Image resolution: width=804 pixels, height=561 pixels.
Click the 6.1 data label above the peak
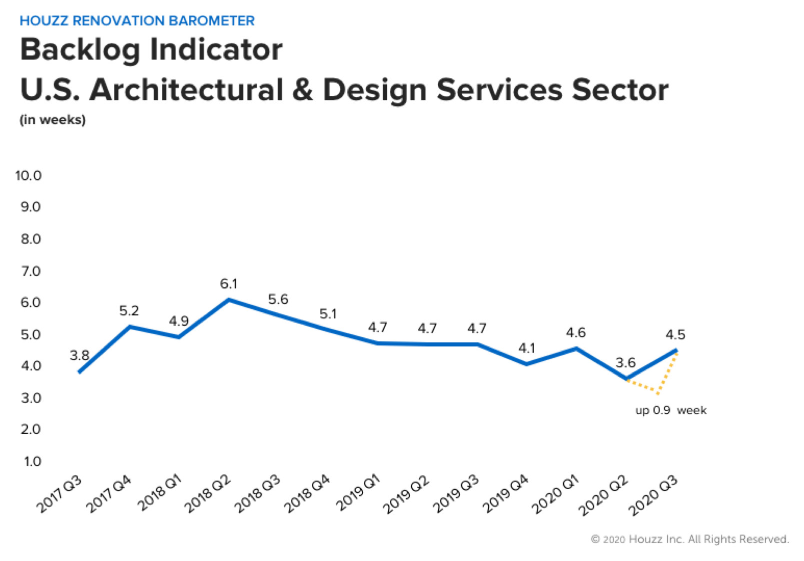coord(228,284)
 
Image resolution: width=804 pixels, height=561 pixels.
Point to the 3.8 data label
coord(79,355)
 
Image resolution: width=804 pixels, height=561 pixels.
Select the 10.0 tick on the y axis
coord(28,176)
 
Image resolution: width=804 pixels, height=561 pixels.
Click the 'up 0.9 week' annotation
coord(671,410)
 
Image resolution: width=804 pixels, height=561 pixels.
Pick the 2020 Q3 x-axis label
coord(653,495)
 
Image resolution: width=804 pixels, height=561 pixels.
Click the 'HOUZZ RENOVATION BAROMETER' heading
coord(137,21)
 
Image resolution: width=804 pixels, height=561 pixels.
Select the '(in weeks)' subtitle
coord(52,120)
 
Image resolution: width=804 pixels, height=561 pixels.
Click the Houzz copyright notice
coord(690,539)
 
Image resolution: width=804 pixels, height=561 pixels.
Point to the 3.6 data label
coord(625,363)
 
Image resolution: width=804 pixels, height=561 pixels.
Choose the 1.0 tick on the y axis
coord(32,461)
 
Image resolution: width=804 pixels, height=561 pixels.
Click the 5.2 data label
coord(129,311)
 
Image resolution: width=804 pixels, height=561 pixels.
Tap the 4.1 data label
coord(527,348)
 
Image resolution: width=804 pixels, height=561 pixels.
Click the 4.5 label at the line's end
coord(675,334)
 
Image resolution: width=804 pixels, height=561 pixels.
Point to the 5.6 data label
coord(278,299)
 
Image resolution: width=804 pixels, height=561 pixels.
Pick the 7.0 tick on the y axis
coord(30,271)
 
